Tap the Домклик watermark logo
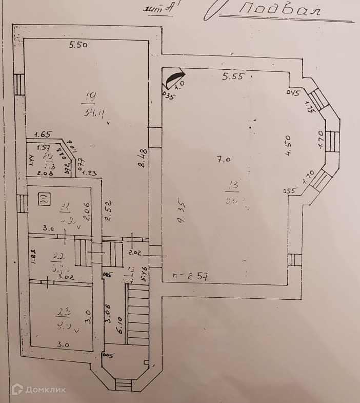coord(39,390)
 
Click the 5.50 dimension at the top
coord(78,45)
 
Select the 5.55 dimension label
coord(233,76)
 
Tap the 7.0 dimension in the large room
coord(224,160)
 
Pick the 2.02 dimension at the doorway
coord(135,253)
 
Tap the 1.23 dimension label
coord(90,173)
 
